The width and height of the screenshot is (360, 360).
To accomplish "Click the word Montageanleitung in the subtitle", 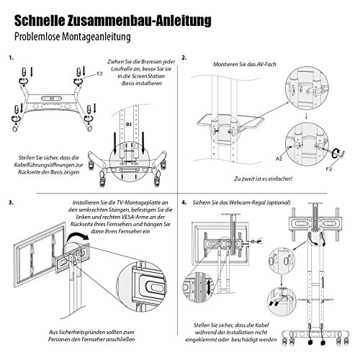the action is point(96,37).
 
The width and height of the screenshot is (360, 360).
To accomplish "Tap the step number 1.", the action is point(11,58).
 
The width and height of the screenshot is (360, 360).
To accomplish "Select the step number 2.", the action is point(184,58).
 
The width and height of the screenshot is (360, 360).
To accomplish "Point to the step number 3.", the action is point(11,202).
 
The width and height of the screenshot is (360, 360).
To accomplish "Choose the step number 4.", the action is point(184,202).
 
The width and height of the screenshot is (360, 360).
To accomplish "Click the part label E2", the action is point(99,73).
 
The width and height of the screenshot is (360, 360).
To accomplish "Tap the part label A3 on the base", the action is point(52,99).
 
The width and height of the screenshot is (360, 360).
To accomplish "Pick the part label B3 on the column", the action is point(129,125).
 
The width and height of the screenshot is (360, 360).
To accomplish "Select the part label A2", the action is point(279,158).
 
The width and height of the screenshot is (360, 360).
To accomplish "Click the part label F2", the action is point(329,169).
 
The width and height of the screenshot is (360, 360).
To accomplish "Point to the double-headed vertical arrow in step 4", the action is point(209,286).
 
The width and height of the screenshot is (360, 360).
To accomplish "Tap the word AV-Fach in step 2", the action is point(266,64).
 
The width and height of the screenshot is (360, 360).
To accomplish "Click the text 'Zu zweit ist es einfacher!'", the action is point(264,179).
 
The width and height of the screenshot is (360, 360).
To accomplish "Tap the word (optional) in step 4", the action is point(279,202).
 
